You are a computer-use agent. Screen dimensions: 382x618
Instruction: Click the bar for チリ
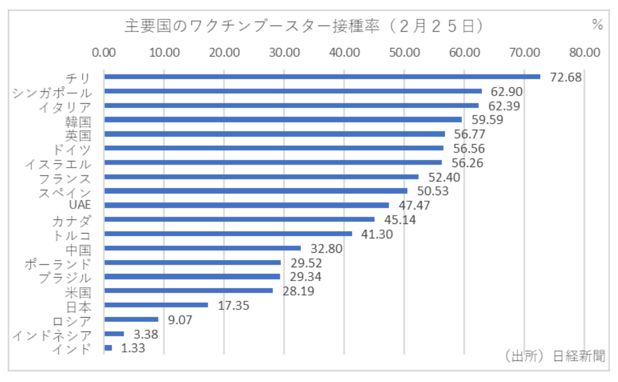coord(322,77)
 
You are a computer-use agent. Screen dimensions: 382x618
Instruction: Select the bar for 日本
coord(156,305)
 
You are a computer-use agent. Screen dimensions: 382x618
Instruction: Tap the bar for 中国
coord(202,248)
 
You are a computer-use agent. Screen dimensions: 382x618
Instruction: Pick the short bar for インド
coord(108,348)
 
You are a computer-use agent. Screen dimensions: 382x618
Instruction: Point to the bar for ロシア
coord(131,320)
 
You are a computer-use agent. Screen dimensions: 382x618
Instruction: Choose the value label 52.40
coord(443,177)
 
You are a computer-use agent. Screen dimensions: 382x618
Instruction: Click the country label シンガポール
coord(52,92)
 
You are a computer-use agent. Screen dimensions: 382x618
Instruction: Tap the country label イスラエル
coord(58,163)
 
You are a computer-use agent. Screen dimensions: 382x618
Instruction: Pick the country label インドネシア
coord(52,335)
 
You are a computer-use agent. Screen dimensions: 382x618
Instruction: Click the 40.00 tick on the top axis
coord(345,52)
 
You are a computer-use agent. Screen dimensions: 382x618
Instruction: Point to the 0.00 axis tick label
coord(105,52)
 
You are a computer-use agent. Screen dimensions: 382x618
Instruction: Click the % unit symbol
coord(597,25)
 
